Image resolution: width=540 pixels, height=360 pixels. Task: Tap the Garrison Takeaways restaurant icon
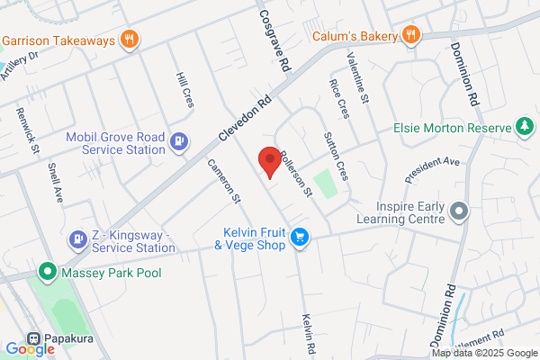pos(130,40)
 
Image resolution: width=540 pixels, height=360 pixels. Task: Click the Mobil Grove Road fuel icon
pos(179,140)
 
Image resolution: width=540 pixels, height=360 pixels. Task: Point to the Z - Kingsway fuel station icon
pos(77,239)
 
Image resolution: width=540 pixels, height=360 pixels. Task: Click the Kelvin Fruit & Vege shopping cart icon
pos(300,238)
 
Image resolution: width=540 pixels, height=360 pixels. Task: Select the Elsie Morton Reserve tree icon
pos(524,128)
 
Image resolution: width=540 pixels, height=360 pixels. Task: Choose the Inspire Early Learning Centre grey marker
pos(458,212)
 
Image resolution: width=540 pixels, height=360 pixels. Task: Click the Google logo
pos(30,348)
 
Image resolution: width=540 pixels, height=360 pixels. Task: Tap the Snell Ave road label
pos(54,183)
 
